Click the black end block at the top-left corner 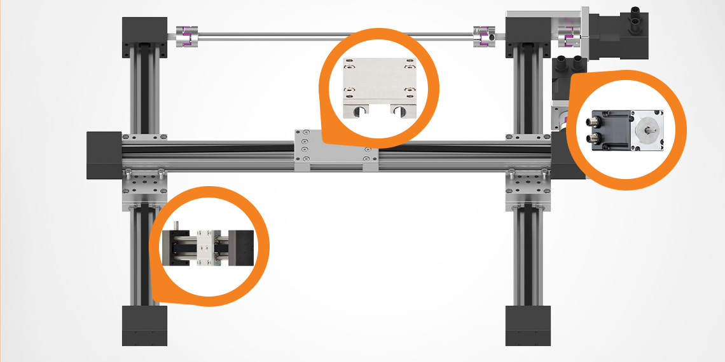pos(144,32)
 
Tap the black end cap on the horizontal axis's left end pos(104,155)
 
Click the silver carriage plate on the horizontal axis pos(335,151)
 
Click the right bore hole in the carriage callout pos(401,111)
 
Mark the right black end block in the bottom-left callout pos(242,248)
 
